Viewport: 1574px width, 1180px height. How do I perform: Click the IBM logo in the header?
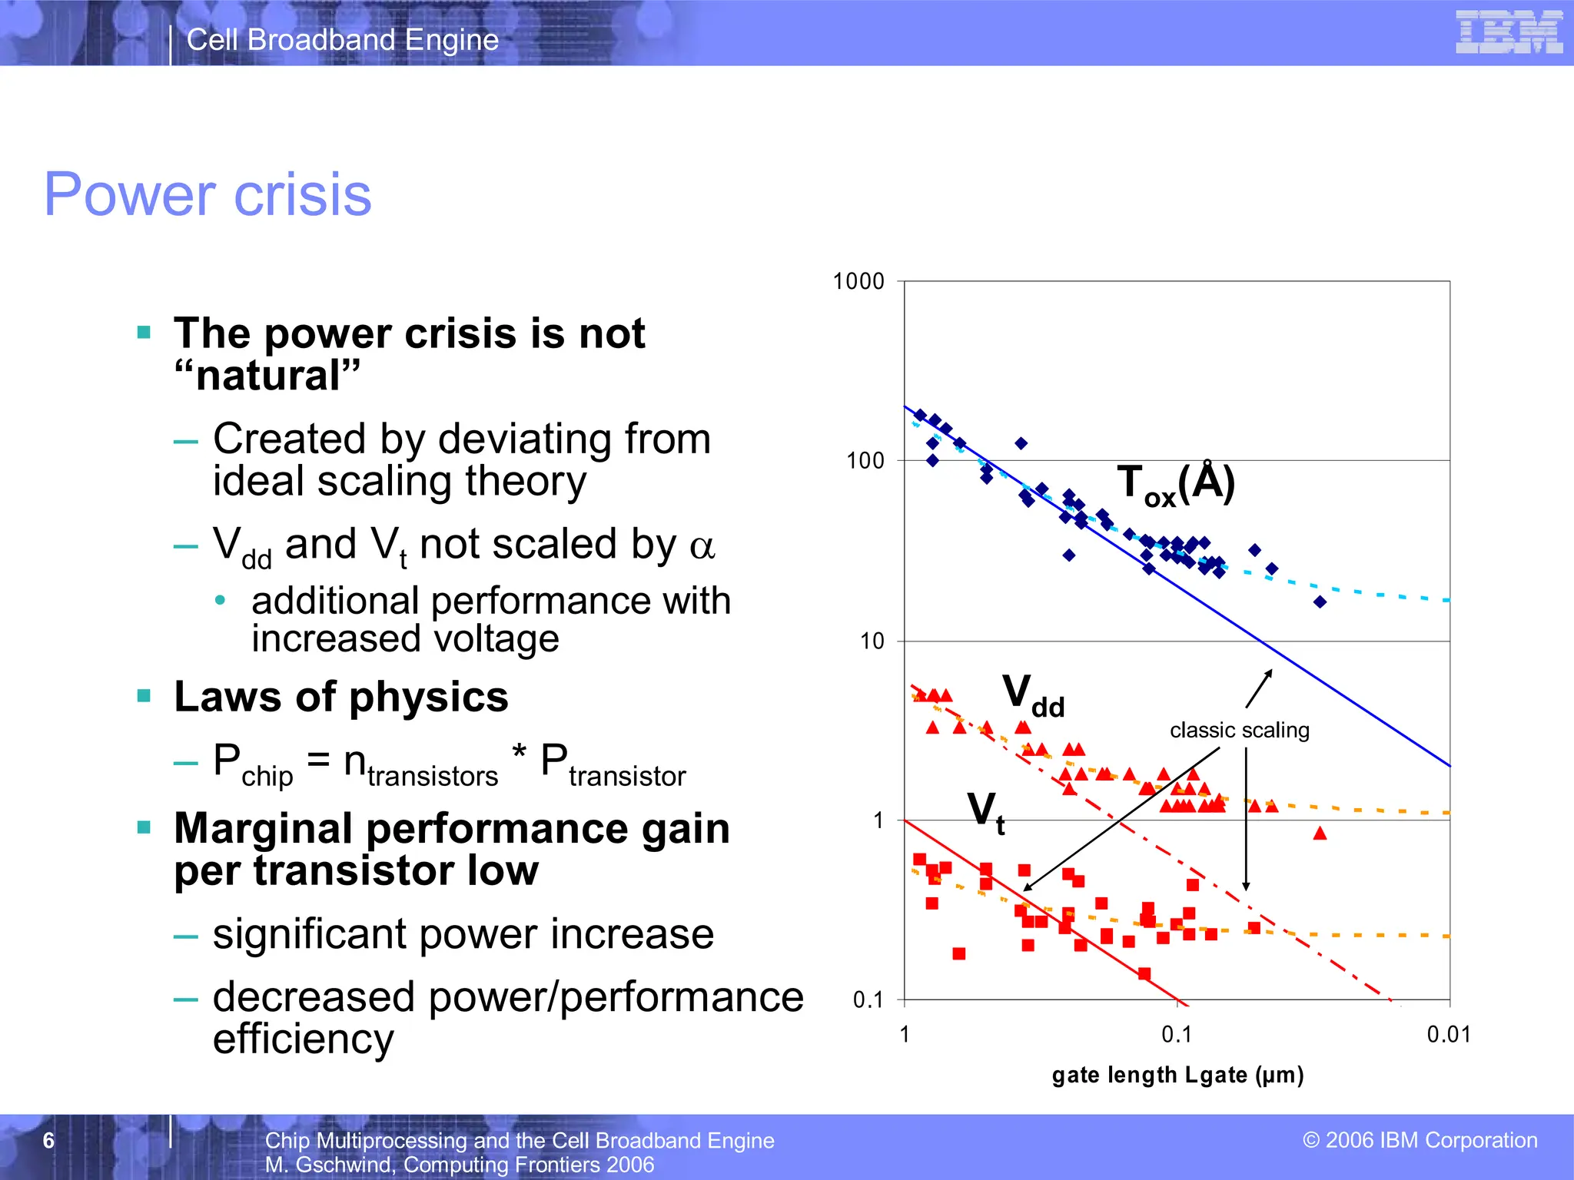point(1509,32)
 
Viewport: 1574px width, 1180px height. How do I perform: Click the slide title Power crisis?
point(208,194)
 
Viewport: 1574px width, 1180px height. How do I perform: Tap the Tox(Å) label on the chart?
point(1175,485)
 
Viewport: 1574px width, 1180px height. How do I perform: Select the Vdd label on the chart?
point(1033,695)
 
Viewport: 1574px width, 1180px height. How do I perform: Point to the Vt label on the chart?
point(986,813)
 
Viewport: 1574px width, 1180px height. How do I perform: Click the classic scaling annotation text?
point(1239,730)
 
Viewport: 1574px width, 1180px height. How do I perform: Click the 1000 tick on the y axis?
point(858,281)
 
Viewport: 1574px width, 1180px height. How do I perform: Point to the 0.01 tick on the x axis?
point(1448,1035)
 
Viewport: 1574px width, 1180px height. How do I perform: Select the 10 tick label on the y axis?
point(872,641)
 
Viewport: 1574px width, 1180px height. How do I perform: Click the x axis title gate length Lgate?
point(1177,1075)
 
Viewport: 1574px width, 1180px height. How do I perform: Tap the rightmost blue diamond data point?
point(1320,602)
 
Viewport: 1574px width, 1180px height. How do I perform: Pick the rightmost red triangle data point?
point(1320,833)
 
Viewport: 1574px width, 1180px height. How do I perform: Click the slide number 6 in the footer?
point(48,1140)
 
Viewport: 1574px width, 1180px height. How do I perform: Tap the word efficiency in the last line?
point(303,1039)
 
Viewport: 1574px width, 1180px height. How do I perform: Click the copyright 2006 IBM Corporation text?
point(1420,1140)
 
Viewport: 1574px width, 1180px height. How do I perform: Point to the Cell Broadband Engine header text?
point(343,40)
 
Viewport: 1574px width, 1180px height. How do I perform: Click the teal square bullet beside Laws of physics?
point(144,696)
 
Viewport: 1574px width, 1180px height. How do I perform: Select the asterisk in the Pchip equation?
point(519,753)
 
